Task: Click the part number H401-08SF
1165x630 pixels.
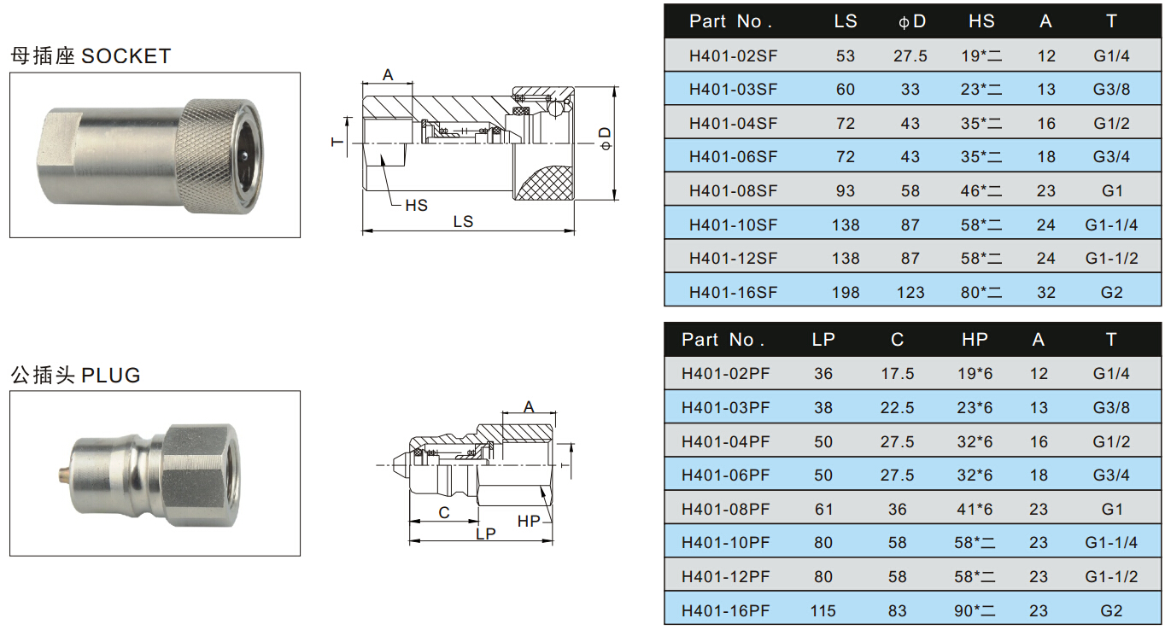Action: click(x=733, y=190)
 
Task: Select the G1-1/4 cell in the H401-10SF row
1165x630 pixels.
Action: click(x=1111, y=225)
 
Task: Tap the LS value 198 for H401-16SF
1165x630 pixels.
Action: click(x=845, y=292)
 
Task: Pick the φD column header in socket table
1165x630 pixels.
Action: click(x=911, y=21)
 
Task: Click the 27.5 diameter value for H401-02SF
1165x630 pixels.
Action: click(x=910, y=55)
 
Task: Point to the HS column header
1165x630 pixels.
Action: click(x=981, y=21)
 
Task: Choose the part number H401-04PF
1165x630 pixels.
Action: click(x=725, y=441)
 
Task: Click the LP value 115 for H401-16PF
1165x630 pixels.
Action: click(x=823, y=610)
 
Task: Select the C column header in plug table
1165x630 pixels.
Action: click(x=897, y=340)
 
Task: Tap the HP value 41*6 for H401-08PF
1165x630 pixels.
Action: click(x=975, y=509)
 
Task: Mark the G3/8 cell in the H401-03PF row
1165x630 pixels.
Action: click(x=1110, y=407)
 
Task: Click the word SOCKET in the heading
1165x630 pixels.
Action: click(x=126, y=56)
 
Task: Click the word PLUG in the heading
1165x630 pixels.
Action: click(x=110, y=375)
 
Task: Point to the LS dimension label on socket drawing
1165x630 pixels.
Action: click(x=463, y=221)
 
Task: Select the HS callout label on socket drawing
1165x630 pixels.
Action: click(x=416, y=205)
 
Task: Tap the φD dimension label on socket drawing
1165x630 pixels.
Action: click(x=605, y=138)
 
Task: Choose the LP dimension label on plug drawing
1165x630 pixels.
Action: click(x=485, y=533)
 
